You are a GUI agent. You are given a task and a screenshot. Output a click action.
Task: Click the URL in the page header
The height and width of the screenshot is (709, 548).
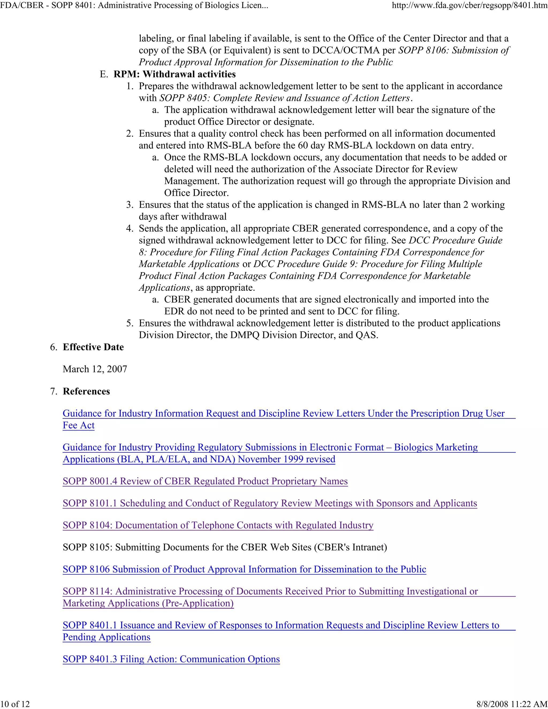coord(469,6)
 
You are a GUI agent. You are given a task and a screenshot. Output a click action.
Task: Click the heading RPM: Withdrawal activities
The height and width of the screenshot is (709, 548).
coord(174,74)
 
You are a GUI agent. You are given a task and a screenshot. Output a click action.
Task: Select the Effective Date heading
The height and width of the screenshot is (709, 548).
coord(93,347)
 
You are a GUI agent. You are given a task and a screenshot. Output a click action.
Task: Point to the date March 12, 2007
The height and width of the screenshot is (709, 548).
coord(95,369)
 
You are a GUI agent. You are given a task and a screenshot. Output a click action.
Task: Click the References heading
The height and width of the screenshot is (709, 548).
coord(86,391)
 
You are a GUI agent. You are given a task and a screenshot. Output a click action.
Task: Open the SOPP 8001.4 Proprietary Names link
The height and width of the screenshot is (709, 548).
coord(205,481)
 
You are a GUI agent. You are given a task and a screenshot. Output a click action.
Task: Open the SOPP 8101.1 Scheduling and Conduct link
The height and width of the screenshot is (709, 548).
coord(270,503)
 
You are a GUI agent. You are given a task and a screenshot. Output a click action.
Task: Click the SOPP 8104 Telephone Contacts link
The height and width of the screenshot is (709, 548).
coord(218,525)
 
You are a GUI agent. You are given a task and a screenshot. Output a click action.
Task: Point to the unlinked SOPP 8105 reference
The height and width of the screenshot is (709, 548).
coord(225,547)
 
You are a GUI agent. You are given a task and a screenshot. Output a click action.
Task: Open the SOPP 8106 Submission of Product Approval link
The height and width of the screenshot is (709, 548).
coord(244,569)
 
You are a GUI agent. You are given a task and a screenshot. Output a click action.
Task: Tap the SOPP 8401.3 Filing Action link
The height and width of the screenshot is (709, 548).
coord(171,659)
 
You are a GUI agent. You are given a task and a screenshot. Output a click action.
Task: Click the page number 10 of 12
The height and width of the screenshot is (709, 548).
coord(15,704)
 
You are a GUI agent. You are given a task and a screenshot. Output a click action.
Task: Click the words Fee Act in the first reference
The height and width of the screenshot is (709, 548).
coord(79,426)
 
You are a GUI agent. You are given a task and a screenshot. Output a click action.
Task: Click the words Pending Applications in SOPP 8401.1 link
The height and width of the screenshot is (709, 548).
coord(106,637)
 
